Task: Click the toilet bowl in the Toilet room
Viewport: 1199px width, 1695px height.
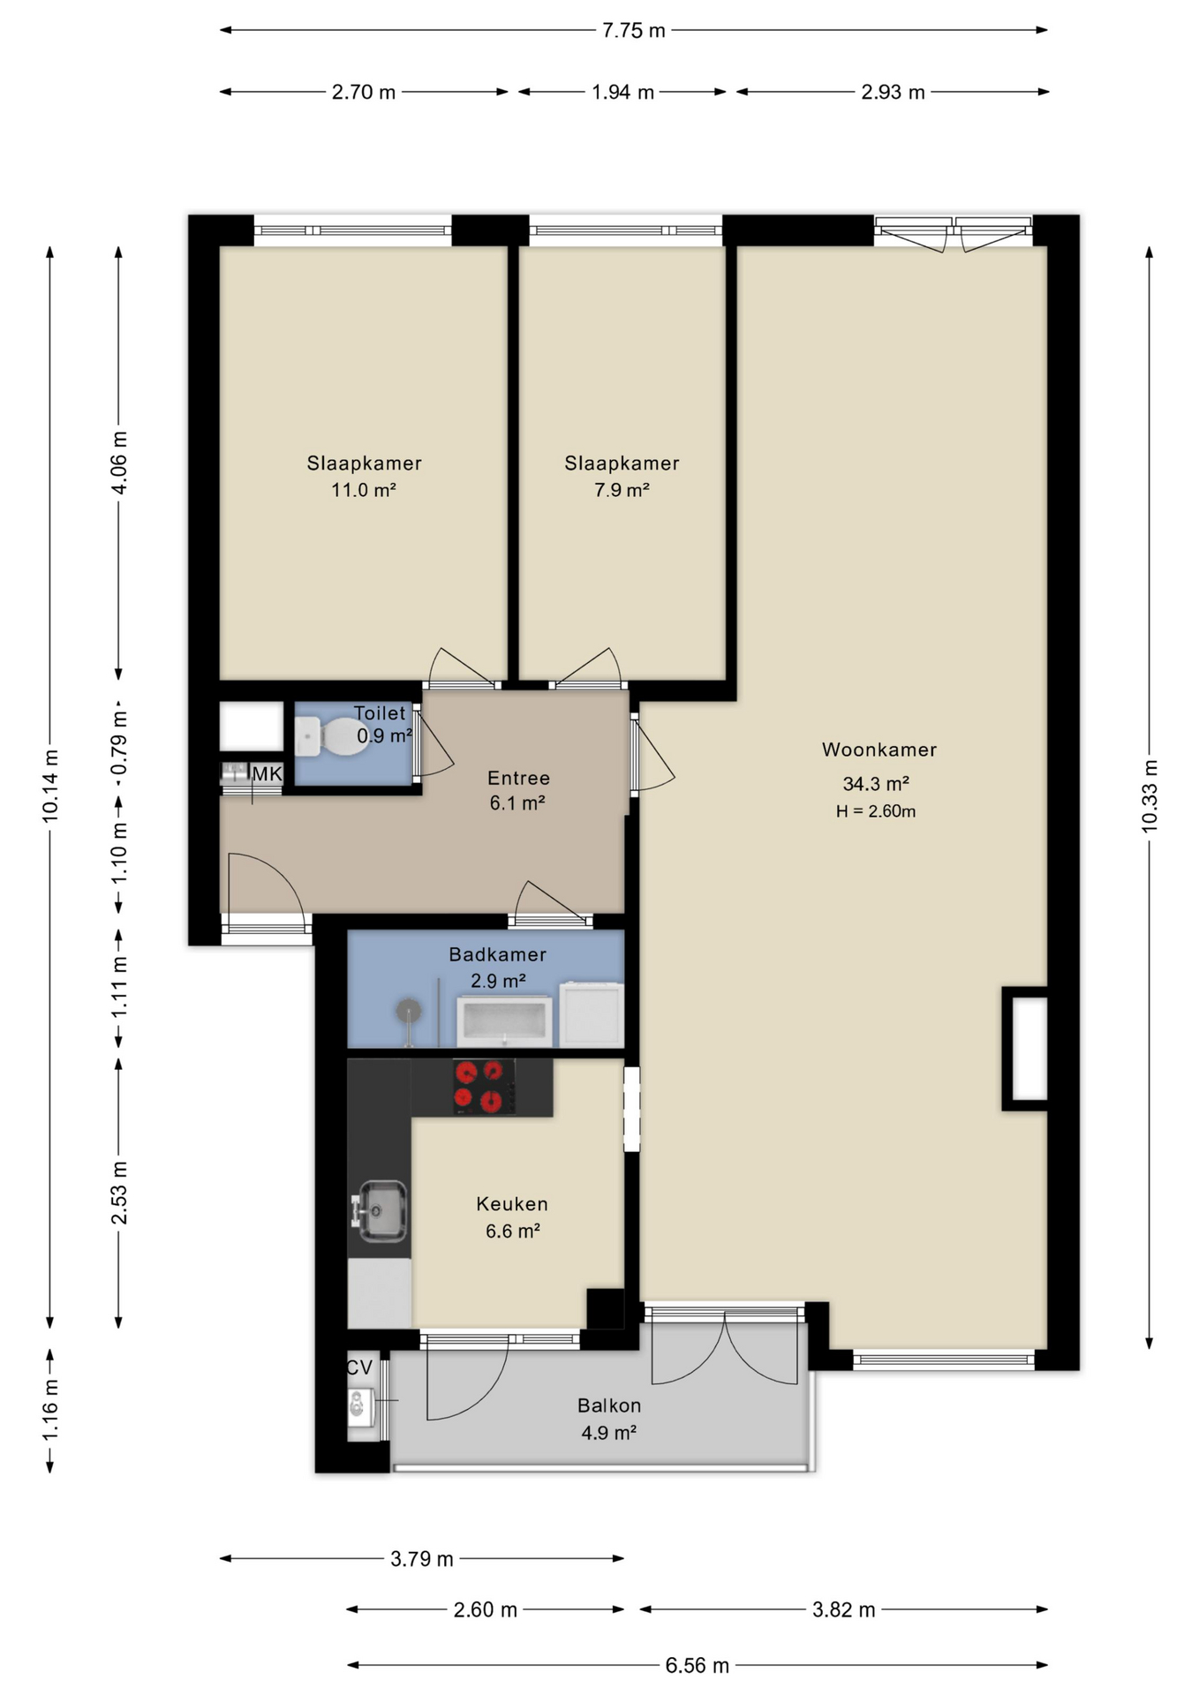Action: click(333, 736)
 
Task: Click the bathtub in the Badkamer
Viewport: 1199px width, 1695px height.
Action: click(504, 1022)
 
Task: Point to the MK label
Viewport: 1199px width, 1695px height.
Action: click(267, 774)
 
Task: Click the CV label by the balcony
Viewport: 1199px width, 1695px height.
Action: click(359, 1367)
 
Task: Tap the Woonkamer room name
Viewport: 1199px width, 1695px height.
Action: click(879, 750)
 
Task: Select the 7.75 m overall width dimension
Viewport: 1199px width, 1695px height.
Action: click(633, 30)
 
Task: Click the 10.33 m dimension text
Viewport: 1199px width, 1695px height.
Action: click(1149, 795)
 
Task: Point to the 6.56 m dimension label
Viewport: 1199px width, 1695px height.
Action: click(698, 1665)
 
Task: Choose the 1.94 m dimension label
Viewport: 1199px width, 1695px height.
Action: click(622, 92)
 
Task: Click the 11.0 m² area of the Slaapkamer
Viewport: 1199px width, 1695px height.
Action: click(364, 490)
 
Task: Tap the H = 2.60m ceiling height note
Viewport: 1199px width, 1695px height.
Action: click(876, 811)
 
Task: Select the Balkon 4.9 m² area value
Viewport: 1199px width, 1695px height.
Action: click(609, 1432)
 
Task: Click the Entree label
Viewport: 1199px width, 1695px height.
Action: click(519, 778)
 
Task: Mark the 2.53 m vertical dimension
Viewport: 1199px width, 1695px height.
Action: click(119, 1193)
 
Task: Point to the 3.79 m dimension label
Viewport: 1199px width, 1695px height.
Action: click(422, 1558)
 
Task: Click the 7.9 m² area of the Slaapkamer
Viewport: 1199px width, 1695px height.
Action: click(622, 490)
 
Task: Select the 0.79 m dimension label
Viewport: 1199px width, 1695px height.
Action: click(119, 743)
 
